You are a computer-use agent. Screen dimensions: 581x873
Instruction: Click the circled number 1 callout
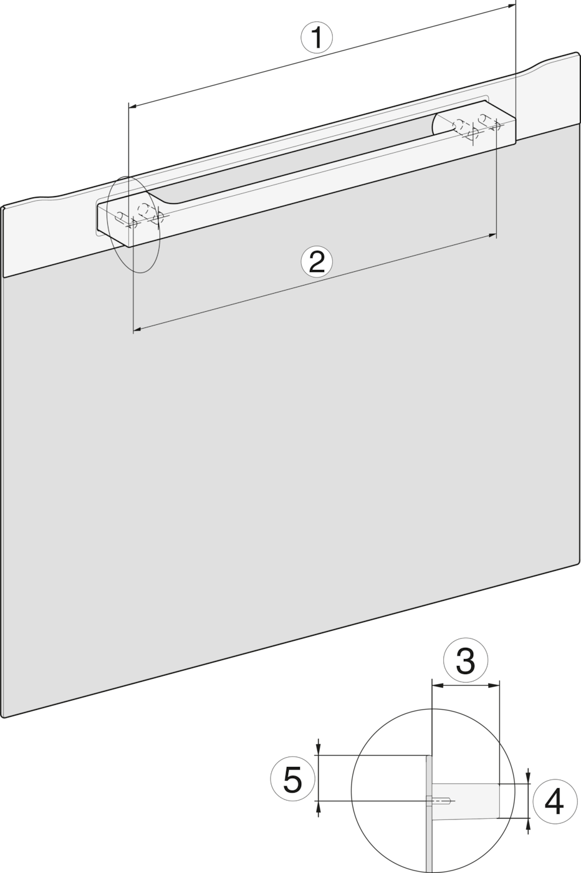tap(317, 37)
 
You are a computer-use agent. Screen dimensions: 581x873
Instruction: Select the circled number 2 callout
tap(317, 262)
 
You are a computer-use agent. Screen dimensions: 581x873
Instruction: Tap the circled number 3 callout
tap(465, 660)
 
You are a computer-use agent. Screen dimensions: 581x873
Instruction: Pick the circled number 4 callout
tap(554, 802)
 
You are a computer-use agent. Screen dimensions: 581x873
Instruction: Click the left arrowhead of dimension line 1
tap(133, 105)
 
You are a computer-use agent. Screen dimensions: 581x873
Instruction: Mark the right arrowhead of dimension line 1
tap(511, 5)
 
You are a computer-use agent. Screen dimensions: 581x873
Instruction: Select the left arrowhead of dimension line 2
tap(138, 330)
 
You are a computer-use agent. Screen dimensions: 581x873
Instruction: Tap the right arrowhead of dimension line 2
tap(492, 236)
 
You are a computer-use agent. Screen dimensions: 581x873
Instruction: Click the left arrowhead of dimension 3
tap(437, 687)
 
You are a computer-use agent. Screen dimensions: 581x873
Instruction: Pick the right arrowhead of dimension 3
tap(495, 687)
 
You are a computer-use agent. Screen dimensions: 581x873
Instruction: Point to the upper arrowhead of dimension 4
tap(528, 776)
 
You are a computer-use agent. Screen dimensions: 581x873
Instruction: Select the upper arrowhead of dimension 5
tap(319, 748)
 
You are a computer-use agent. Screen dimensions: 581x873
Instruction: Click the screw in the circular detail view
tap(440, 801)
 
